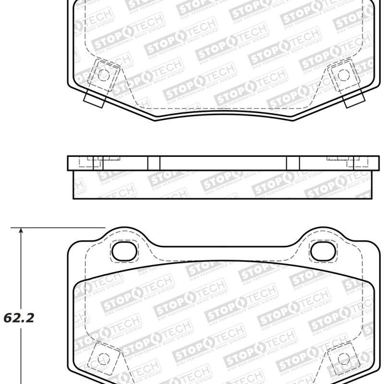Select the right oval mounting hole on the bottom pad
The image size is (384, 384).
point(321,250)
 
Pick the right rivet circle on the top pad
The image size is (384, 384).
point(343,74)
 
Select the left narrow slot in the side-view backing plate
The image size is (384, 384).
point(154,163)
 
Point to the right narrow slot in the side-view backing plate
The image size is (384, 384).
point(292,163)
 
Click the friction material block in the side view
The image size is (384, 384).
point(221,184)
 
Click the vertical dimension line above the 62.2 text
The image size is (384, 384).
point(21,269)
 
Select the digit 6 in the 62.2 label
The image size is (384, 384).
point(8,318)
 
